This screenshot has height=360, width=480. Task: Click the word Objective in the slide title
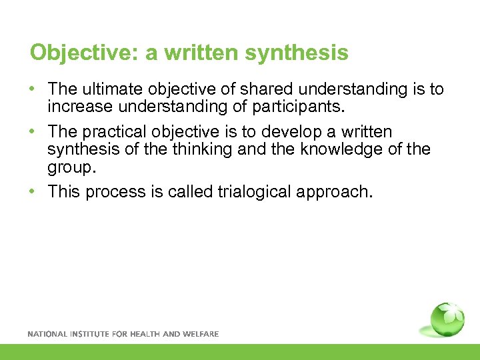84,52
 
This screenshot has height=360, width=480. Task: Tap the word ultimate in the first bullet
112,89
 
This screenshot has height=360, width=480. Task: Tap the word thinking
198,148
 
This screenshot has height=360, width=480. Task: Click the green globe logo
447,319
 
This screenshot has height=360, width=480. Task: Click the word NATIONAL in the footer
46,333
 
